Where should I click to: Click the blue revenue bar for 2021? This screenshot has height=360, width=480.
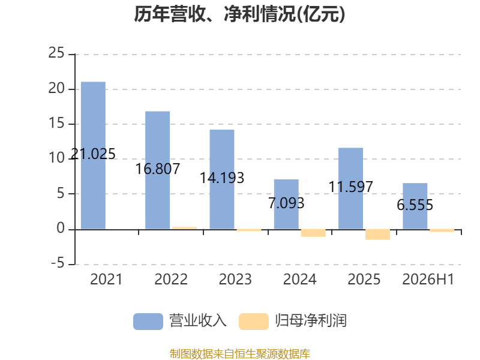[x=93, y=155]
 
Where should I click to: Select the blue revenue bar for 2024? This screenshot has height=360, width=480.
[x=286, y=204]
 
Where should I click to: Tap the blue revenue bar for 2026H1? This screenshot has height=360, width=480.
[x=415, y=206]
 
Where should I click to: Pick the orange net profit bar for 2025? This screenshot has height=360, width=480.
[x=378, y=235]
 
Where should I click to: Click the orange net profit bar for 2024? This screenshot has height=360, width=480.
[x=313, y=233]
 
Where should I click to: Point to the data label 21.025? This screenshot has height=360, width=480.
[x=93, y=154]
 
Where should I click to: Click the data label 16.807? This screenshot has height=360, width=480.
[x=158, y=169]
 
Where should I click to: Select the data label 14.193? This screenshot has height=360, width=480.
[x=222, y=178]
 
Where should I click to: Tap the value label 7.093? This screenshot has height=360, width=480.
[x=286, y=203]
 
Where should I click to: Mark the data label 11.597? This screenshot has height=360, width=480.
[x=350, y=187]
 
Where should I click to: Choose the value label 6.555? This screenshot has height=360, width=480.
[x=415, y=205]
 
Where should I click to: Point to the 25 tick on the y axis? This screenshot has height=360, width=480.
[x=56, y=53]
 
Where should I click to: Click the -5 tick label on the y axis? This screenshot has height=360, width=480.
[x=58, y=263]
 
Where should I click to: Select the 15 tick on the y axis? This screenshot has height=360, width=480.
[x=56, y=123]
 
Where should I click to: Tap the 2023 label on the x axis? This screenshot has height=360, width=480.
[x=235, y=279]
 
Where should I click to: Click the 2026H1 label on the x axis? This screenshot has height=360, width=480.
[x=428, y=279]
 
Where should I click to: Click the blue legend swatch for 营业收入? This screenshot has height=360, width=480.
[x=148, y=322]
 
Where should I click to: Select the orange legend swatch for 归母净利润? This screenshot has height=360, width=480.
[x=254, y=322]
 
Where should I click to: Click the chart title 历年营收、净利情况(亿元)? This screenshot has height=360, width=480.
[x=239, y=14]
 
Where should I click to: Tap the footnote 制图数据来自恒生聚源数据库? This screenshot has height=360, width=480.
[x=239, y=354]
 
